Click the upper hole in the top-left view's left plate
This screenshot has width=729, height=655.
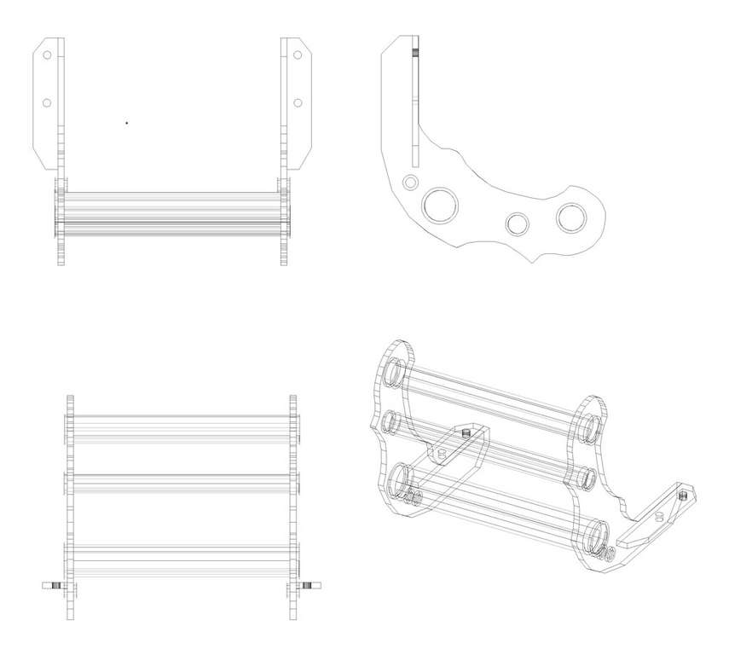[47, 55]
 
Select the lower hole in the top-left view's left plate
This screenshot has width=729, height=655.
[47, 103]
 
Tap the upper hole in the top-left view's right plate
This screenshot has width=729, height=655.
[298, 55]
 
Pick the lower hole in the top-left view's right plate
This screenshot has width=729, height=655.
[298, 103]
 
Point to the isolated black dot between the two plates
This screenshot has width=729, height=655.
[127, 123]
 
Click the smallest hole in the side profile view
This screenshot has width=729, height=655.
[410, 182]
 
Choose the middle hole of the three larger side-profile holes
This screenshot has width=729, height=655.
[517, 223]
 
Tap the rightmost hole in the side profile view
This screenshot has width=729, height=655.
[571, 217]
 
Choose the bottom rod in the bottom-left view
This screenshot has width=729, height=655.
[181, 551]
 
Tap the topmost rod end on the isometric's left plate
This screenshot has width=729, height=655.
[394, 372]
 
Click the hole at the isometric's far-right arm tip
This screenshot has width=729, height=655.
[683, 493]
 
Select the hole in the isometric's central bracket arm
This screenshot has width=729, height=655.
[466, 434]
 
